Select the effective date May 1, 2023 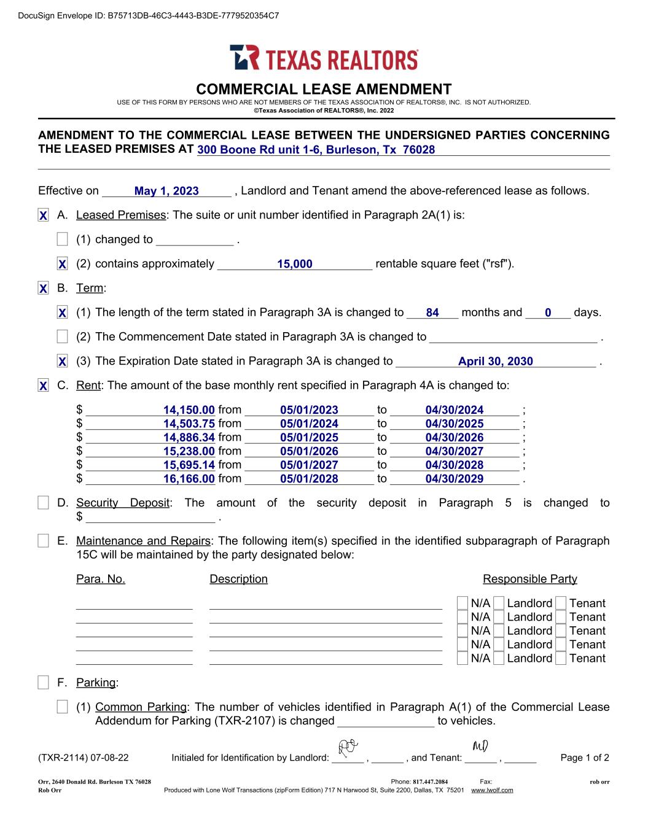click(166, 191)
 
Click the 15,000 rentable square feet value click(294, 264)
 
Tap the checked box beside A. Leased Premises click(43, 215)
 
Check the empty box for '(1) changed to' click(62, 239)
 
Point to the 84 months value click(432, 312)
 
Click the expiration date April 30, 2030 click(495, 361)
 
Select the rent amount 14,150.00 click(189, 410)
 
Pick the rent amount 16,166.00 click(189, 479)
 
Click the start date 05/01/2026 click(309, 451)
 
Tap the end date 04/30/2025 click(454, 424)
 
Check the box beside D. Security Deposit click(43, 503)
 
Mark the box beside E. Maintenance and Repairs click(43, 541)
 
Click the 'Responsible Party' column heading click(529, 579)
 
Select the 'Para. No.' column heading click(100, 579)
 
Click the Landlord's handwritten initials click(348, 747)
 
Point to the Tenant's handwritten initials click(480, 746)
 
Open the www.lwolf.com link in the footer click(491, 790)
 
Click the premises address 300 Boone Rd click(316, 150)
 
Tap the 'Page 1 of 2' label click(584, 758)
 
